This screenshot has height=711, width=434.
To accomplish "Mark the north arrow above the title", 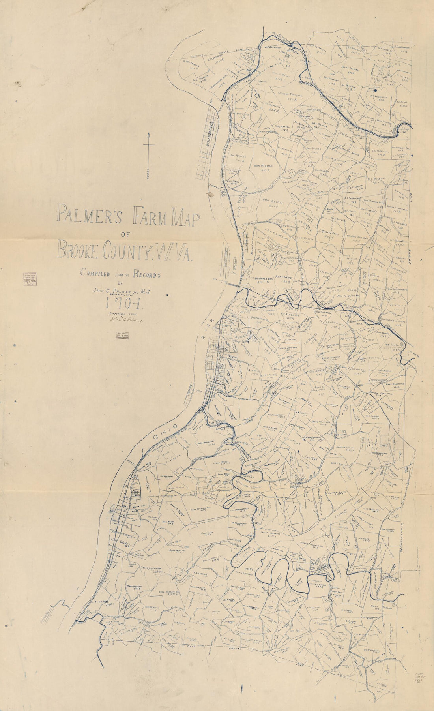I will [149, 156].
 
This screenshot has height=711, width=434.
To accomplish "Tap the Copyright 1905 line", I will [122, 312].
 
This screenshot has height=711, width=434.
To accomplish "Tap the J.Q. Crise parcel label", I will [347, 135].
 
